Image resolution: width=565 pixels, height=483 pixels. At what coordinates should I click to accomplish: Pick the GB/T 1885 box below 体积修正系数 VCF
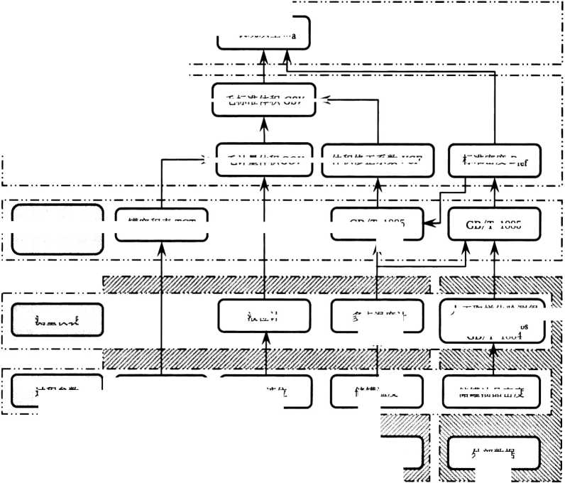pos(378,224)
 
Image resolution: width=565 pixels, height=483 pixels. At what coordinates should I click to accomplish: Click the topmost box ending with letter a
pos(263,33)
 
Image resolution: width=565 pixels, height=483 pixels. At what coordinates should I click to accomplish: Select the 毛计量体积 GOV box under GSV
pos(263,161)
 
